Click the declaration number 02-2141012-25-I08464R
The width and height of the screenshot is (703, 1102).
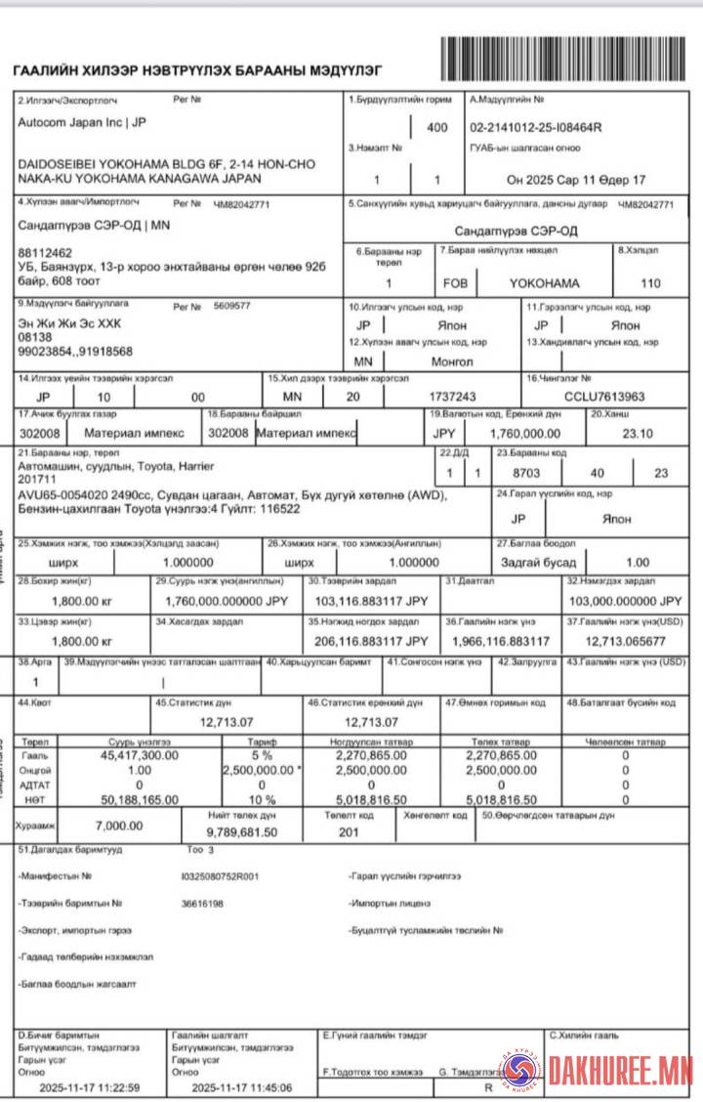[x=536, y=127]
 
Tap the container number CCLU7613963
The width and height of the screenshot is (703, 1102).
[x=604, y=397]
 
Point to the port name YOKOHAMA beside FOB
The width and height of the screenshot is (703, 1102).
[x=544, y=283]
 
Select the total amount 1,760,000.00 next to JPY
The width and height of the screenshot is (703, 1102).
[x=524, y=433]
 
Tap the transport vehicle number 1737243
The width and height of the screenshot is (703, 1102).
[x=452, y=397]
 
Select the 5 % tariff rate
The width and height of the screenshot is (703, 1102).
[x=262, y=754]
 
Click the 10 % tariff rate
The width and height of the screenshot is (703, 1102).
[x=262, y=799]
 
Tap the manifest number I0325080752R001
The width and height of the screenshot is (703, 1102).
[x=221, y=876]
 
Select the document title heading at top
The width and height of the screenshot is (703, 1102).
[x=196, y=71]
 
